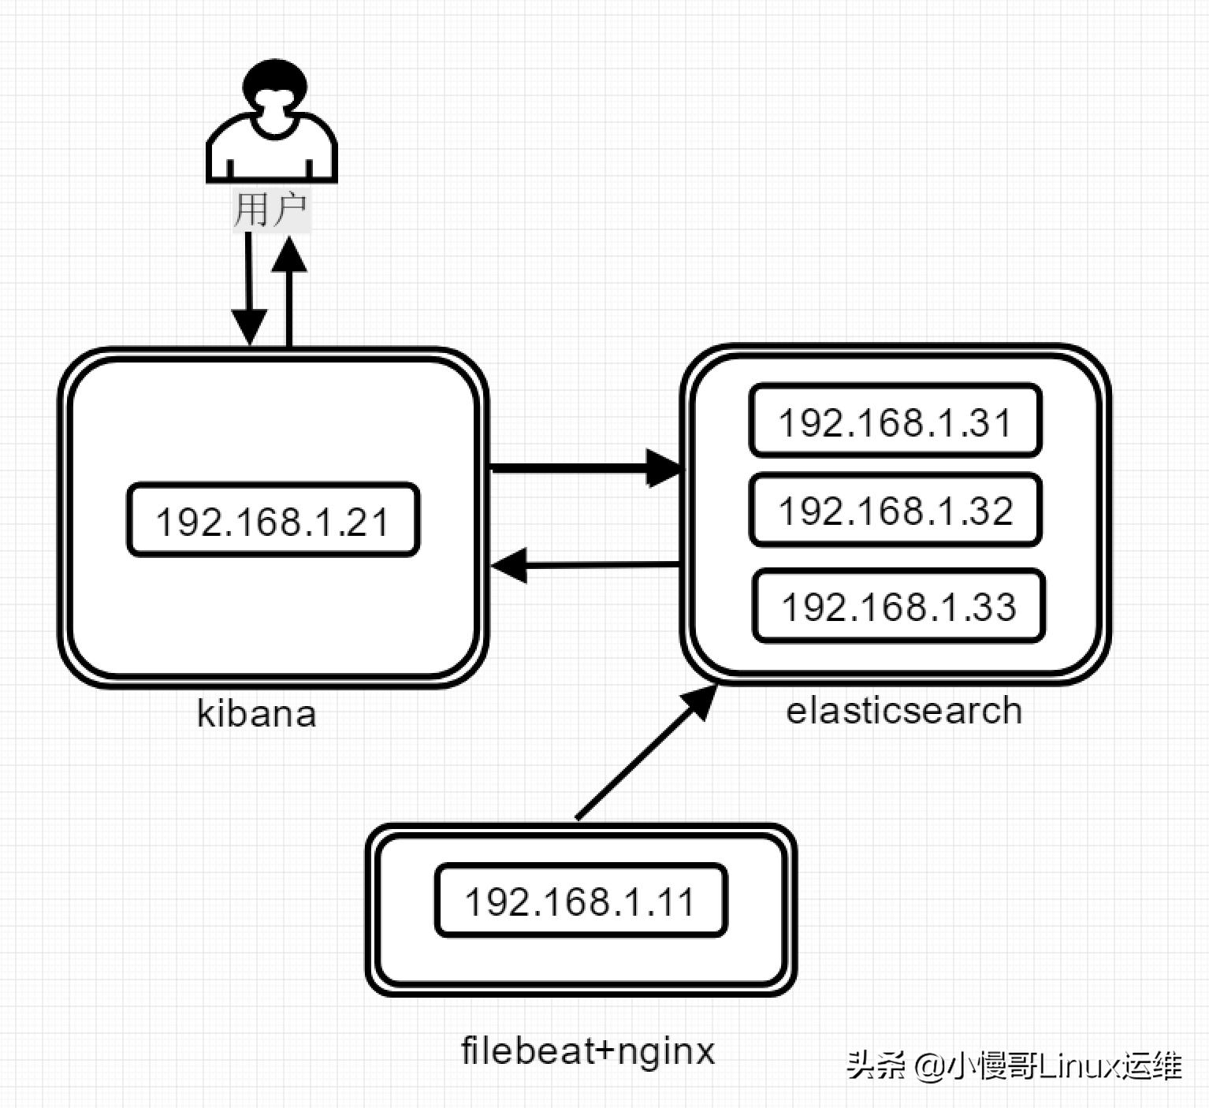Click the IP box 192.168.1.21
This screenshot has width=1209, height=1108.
[273, 520]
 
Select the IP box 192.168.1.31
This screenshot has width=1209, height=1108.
[895, 421]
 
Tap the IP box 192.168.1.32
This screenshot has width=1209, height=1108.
[895, 510]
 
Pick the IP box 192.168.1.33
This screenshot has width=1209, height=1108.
[898, 606]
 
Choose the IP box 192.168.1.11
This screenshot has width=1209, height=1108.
[581, 901]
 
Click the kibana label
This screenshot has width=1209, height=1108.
[257, 713]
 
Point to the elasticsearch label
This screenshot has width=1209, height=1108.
[904, 710]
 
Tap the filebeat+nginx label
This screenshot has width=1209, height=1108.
[588, 1050]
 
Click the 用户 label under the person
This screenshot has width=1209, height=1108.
[271, 210]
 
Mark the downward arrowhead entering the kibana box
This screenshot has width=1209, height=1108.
[249, 326]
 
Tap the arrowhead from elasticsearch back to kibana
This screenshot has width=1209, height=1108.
[511, 565]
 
